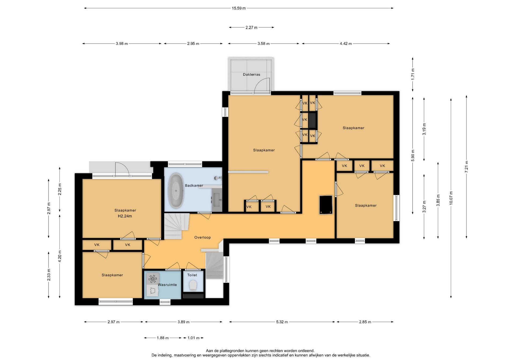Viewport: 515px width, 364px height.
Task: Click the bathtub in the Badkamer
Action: (x=176, y=191)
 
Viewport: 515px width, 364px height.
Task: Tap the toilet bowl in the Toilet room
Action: (x=193, y=285)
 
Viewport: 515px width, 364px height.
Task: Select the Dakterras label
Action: (x=251, y=75)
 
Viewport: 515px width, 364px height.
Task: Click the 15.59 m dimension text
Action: (x=239, y=8)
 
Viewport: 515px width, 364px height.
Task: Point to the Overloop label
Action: (x=203, y=237)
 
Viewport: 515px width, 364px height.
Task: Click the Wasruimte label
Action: (x=167, y=285)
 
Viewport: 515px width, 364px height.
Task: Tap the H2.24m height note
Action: (x=125, y=216)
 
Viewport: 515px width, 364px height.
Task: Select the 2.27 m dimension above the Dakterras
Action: (x=251, y=27)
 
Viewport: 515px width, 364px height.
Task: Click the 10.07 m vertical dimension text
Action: (x=451, y=198)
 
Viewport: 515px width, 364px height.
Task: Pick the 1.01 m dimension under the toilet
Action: (x=193, y=338)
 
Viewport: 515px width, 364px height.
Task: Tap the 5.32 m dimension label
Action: (x=282, y=322)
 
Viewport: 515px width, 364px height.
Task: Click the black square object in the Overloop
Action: (x=326, y=205)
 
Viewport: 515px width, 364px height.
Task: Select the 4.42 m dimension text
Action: (x=346, y=44)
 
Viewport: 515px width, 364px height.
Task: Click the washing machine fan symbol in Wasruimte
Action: (x=153, y=279)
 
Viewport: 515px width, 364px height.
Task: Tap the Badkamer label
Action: (x=194, y=185)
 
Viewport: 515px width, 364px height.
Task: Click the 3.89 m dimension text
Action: (x=183, y=322)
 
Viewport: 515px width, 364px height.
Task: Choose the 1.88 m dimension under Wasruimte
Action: (x=163, y=338)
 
